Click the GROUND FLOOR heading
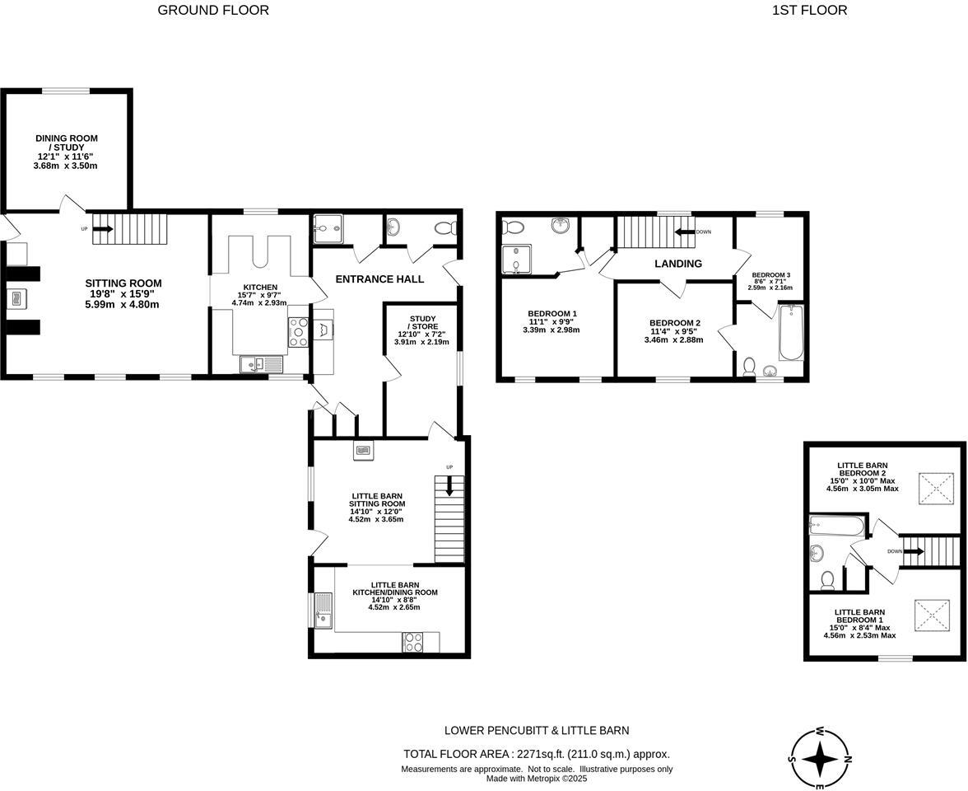pos(213,11)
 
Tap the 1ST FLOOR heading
pos(809,11)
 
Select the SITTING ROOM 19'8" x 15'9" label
pos(123,293)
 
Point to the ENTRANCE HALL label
pos(379,279)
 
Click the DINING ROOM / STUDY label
pos(66,152)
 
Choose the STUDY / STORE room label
pos(421,329)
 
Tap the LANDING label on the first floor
pos(677,264)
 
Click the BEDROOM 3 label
pos(770,281)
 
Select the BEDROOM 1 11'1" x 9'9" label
pos(551,321)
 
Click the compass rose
pos(821,758)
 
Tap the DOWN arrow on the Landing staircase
pos(684,232)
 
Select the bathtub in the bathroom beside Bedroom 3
pos(790,333)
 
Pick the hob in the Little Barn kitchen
pos(412,642)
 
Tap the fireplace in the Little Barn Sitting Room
pos(364,450)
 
